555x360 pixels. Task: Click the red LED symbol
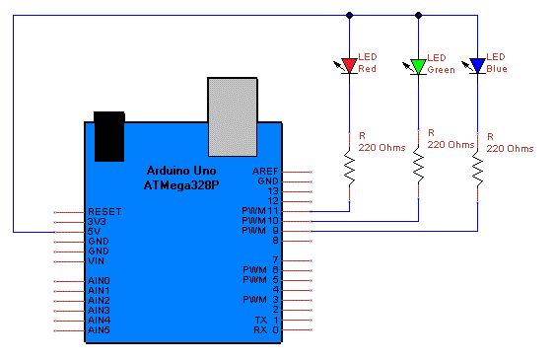pos(349,66)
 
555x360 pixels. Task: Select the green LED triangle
pos(418,66)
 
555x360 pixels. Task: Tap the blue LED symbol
pos(477,66)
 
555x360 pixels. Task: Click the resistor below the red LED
pos(350,167)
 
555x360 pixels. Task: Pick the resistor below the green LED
pos(418,166)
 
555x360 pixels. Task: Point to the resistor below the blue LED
pos(477,169)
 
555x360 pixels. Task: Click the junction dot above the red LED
pos(349,15)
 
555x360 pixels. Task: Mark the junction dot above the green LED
pos(418,15)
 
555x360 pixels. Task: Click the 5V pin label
pos(94,232)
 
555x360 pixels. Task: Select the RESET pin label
pos(104,212)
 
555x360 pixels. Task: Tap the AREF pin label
pos(265,172)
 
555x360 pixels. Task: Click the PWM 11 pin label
pos(260,211)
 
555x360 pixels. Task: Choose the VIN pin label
pos(97,261)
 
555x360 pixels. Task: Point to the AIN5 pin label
pos(100,330)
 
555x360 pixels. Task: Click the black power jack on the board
pos(109,137)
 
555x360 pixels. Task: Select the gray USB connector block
pos(233,117)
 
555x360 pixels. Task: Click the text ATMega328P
pos(181,185)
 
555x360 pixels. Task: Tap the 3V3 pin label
pos(97,222)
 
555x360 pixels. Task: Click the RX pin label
pos(260,330)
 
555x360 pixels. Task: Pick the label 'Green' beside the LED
pos(441,70)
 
